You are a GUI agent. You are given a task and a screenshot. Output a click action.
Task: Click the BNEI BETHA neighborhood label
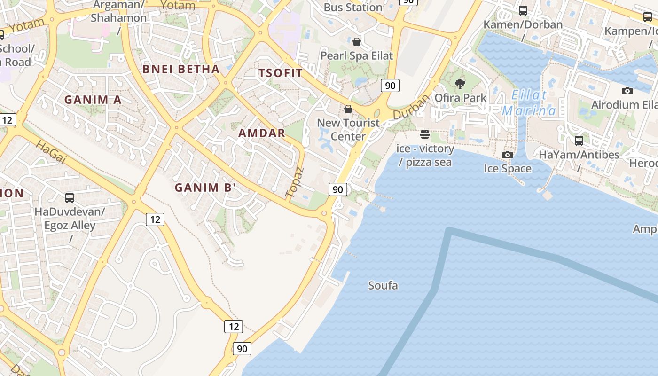(x=181, y=69)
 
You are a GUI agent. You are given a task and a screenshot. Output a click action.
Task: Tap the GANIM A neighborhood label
(x=93, y=100)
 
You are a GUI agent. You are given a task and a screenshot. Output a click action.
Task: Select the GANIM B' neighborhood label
(x=205, y=188)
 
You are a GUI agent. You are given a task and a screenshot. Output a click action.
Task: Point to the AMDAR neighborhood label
(x=262, y=133)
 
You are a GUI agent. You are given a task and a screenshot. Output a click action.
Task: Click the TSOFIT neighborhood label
(x=281, y=73)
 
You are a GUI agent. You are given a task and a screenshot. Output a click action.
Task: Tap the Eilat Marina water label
(x=529, y=103)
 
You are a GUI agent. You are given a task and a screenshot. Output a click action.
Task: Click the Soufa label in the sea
(x=383, y=285)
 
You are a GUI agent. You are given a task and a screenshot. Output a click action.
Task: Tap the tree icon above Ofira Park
(x=460, y=84)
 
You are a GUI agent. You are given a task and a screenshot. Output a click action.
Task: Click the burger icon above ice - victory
(x=425, y=135)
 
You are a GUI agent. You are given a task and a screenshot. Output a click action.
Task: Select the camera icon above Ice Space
(x=507, y=155)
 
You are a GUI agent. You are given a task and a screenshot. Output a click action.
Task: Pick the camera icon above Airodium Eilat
(x=627, y=91)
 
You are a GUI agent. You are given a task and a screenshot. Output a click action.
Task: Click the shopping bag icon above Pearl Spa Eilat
(x=357, y=42)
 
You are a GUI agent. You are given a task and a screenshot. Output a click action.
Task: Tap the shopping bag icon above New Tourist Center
(x=348, y=109)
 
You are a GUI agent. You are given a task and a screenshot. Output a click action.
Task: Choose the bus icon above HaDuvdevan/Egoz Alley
(x=70, y=197)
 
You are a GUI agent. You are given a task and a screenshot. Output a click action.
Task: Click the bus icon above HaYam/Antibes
(x=579, y=141)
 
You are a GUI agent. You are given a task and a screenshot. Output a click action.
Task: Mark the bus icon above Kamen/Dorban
(x=523, y=10)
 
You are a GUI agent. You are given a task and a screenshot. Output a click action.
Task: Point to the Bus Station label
(x=353, y=8)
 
